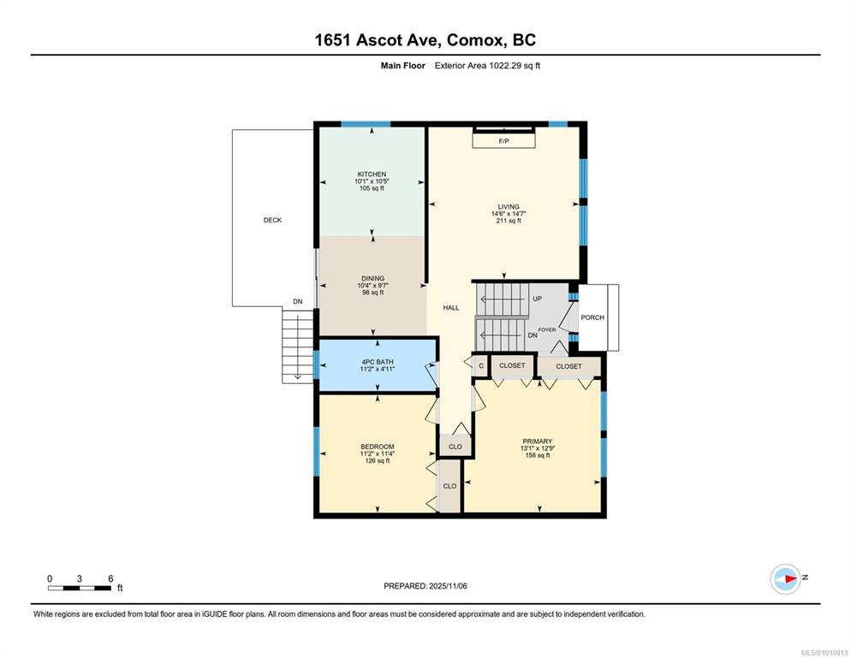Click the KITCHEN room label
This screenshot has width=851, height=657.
(372, 175)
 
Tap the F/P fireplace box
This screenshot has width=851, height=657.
(503, 141)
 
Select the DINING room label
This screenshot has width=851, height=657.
(373, 278)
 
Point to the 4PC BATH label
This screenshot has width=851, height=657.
(378, 362)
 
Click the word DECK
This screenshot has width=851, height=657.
(272, 220)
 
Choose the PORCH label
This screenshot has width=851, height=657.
(592, 317)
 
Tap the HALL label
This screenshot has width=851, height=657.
(451, 308)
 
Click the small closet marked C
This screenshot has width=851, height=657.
(481, 365)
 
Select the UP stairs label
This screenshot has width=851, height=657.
(538, 299)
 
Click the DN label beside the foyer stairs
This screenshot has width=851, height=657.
(533, 335)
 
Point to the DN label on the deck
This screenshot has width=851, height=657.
(297, 302)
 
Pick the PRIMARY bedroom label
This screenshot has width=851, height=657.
(538, 441)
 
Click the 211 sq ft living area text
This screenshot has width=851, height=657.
(509, 221)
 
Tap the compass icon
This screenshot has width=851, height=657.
(786, 579)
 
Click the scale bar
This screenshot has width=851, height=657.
(80, 588)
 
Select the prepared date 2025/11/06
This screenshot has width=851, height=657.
(448, 586)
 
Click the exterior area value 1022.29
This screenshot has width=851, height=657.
(505, 66)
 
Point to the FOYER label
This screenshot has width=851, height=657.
(546, 330)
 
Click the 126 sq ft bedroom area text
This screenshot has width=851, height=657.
(378, 460)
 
